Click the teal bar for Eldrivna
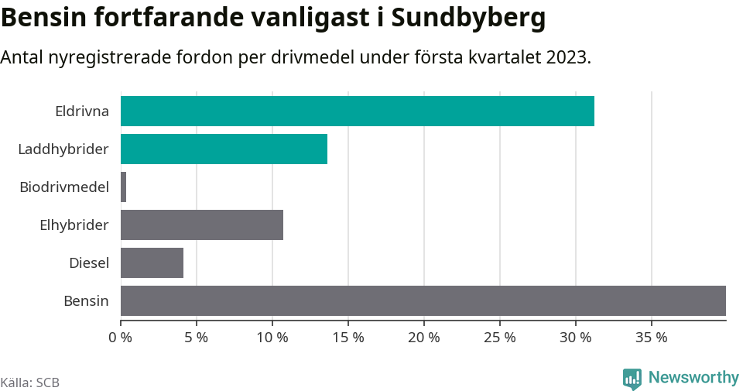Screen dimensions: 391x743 click(358, 111)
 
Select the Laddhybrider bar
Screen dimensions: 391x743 click(224, 149)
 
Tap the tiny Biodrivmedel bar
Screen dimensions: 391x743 click(124, 187)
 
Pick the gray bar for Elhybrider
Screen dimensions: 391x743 click(202, 225)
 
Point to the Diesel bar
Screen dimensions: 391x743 click(152, 262)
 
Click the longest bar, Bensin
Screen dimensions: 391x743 click(423, 300)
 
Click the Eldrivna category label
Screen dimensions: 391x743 click(82, 111)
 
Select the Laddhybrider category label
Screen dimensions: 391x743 click(63, 149)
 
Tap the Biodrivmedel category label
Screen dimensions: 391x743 click(64, 187)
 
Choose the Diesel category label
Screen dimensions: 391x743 click(89, 262)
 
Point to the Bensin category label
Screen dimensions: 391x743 click(86, 300)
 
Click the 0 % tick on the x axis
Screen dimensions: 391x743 click(121, 338)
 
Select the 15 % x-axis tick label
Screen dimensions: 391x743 click(348, 338)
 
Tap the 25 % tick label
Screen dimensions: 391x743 click(500, 338)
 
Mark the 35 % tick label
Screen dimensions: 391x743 click(652, 338)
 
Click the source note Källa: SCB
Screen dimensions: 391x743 click(30, 382)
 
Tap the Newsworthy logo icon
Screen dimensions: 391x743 click(632, 379)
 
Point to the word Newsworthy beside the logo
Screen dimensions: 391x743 click(693, 378)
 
